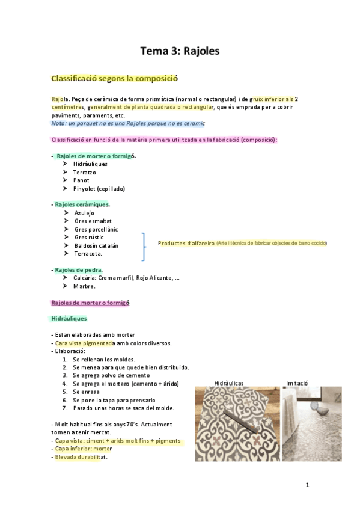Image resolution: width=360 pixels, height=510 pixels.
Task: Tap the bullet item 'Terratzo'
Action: pyautogui.click(x=85, y=172)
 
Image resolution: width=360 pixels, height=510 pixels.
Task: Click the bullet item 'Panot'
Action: pyautogui.click(x=81, y=180)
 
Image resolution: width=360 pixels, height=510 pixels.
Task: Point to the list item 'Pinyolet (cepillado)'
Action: pyautogui.click(x=99, y=188)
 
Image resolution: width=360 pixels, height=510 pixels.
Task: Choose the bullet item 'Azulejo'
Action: pyautogui.click(x=84, y=213)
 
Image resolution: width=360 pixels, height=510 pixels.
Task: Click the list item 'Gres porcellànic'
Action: pyautogui.click(x=96, y=229)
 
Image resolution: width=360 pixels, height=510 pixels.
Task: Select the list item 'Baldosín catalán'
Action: pyautogui.click(x=96, y=245)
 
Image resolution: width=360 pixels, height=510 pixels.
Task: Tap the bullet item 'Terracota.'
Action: pyautogui.click(x=88, y=254)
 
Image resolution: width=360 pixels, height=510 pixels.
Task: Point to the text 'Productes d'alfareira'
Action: pyautogui.click(x=186, y=244)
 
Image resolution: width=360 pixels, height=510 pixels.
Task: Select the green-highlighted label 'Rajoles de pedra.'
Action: pyautogui.click(x=78, y=270)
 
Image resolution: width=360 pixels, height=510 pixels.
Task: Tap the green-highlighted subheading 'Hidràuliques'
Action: pyautogui.click(x=69, y=318)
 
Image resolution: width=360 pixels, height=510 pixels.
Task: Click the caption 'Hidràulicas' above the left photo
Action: pyautogui.click(x=229, y=382)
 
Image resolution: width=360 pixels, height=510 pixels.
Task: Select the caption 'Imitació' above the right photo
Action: pyautogui.click(x=297, y=382)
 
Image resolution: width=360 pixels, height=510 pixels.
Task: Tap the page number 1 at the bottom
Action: pyautogui.click(x=307, y=485)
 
